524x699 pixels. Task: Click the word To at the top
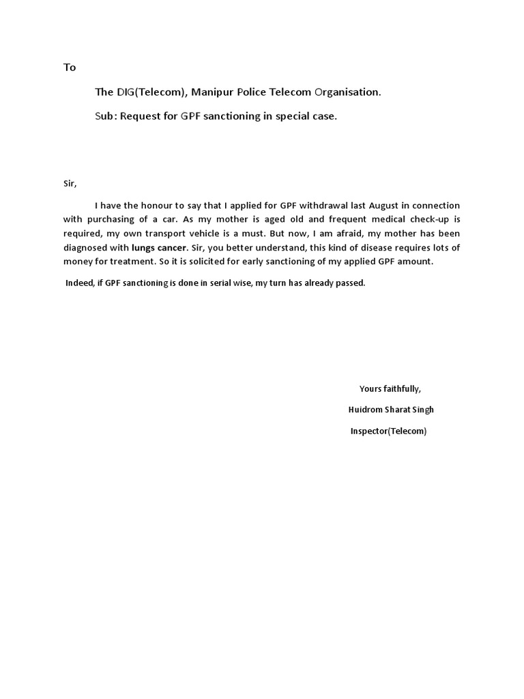point(70,68)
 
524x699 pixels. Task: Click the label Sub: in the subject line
point(106,116)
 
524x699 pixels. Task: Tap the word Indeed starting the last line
point(79,283)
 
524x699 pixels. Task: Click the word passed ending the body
point(351,283)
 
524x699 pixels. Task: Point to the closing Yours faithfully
point(390,389)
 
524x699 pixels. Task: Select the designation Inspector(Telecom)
point(388,431)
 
